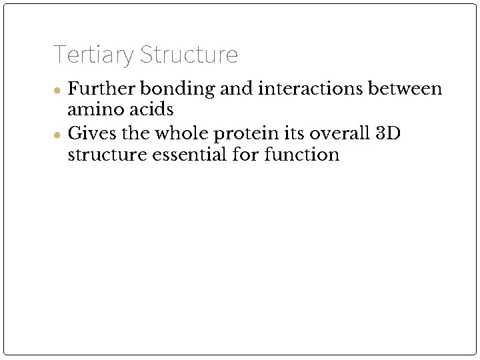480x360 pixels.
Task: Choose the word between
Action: [409, 89]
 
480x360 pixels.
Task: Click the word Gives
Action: [91, 133]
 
